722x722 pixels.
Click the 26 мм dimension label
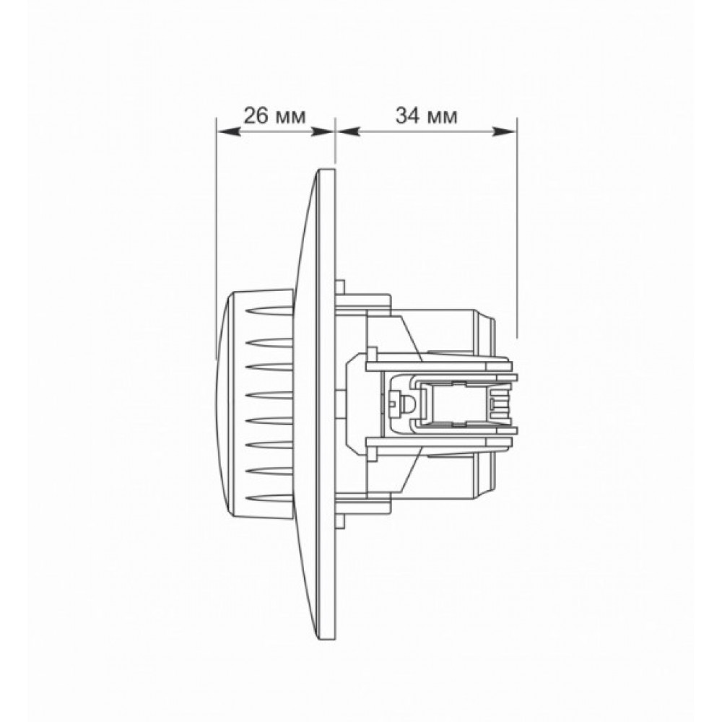(274, 116)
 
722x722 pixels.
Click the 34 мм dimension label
(427, 116)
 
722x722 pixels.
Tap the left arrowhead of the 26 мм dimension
(229, 132)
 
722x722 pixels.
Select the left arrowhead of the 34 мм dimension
(349, 132)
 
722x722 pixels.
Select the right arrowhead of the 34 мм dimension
(504, 132)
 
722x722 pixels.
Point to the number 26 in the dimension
(256, 116)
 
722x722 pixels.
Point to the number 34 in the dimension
(408, 116)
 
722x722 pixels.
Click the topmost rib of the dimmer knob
(270, 310)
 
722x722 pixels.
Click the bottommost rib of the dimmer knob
(270, 499)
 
